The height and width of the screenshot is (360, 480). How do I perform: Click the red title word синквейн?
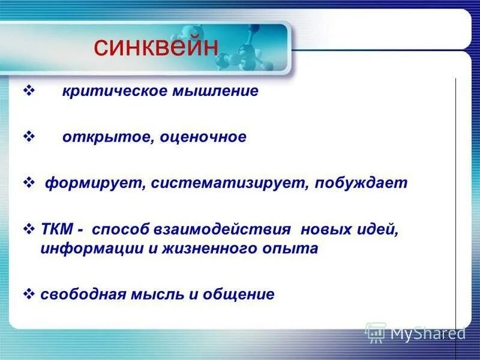click(x=155, y=47)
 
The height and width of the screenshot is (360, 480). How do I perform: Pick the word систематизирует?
click(x=228, y=183)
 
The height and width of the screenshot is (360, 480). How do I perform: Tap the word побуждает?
click(x=360, y=183)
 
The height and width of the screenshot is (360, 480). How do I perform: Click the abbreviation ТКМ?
click(x=58, y=229)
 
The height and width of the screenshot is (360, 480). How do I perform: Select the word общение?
click(x=241, y=294)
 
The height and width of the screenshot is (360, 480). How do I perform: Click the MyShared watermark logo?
click(x=415, y=332)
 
